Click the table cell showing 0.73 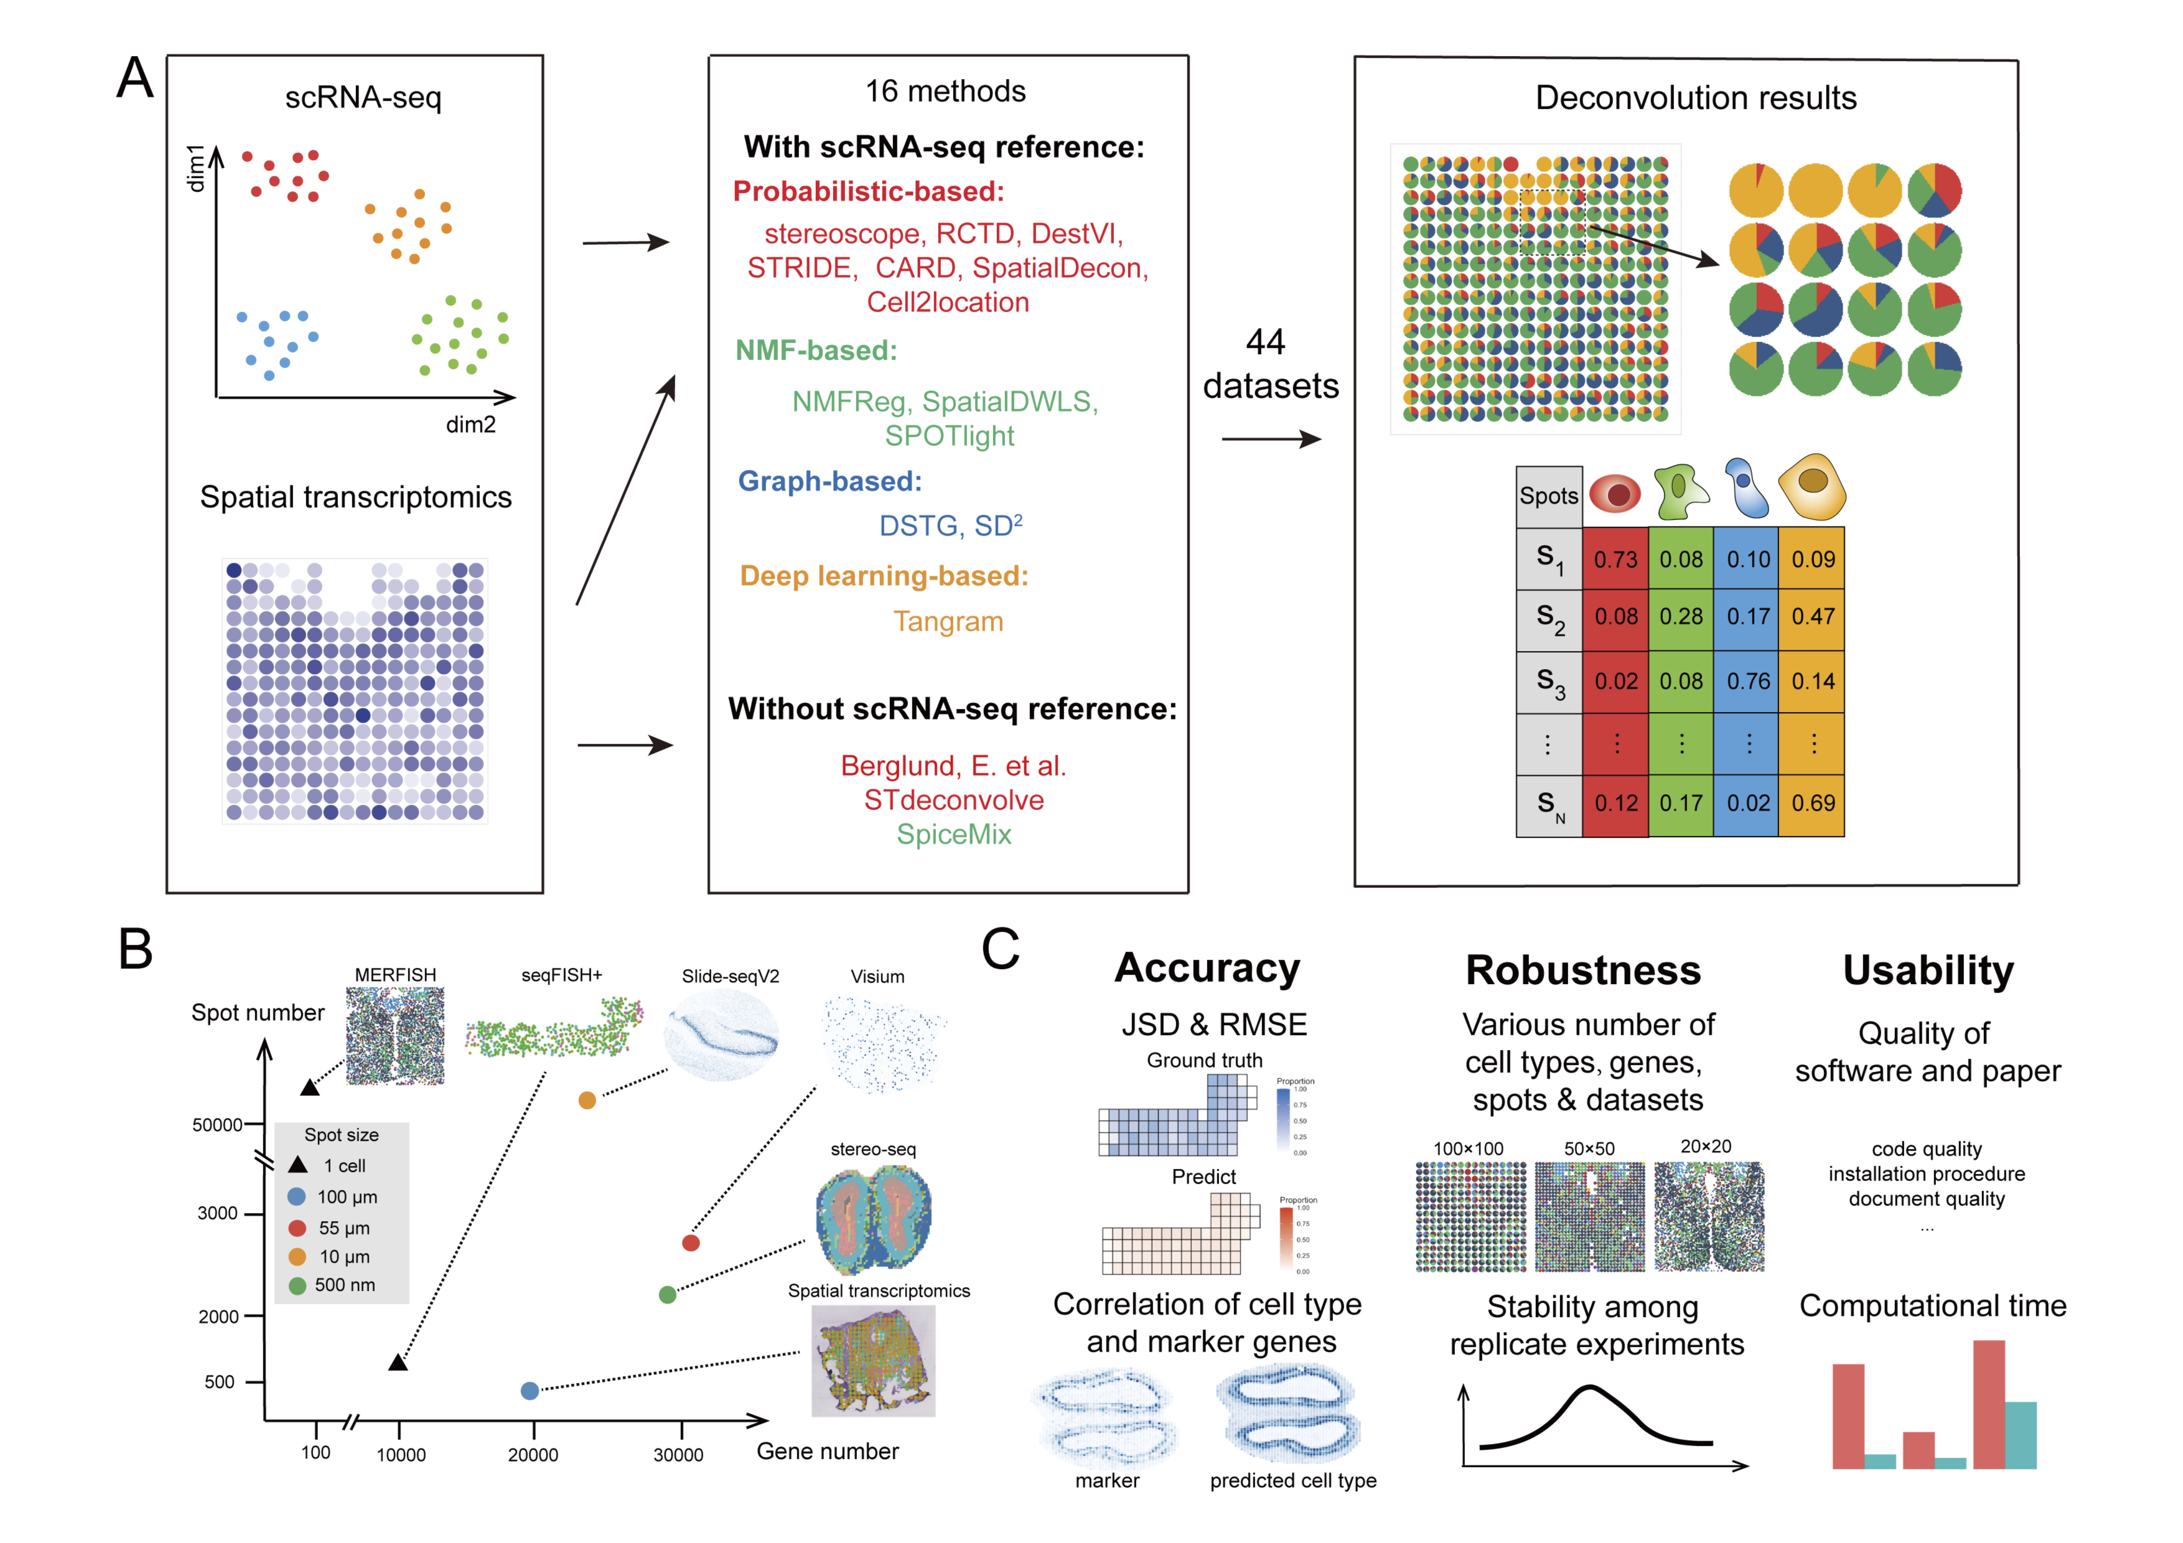click(x=1615, y=559)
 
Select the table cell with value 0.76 click(x=1747, y=682)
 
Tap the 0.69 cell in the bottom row click(x=1812, y=804)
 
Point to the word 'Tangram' click(x=948, y=622)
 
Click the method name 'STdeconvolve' click(x=953, y=800)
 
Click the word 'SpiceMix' click(x=953, y=835)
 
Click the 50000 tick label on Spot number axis click(x=218, y=1125)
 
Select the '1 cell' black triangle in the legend click(x=297, y=1165)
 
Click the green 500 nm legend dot click(x=297, y=1285)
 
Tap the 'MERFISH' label click(x=396, y=975)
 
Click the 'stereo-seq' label click(x=873, y=1150)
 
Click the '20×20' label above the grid click(x=1706, y=1147)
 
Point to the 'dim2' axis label click(x=470, y=425)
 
